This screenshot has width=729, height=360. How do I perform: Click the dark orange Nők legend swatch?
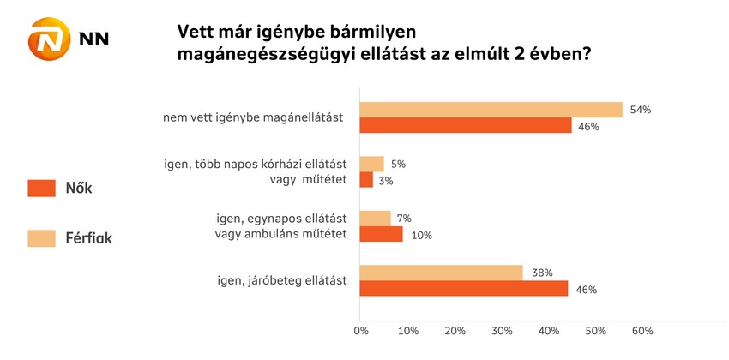coord(41,188)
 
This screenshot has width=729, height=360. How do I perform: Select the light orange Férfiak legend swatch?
coord(41,237)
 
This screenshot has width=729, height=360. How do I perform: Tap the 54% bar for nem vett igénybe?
coord(491,110)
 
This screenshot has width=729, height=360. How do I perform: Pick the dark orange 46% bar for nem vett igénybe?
coord(466,126)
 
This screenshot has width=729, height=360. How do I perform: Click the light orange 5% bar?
coord(371,164)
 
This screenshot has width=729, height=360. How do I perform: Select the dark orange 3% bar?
coord(366,180)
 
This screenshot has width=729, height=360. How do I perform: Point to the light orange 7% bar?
coord(376,219)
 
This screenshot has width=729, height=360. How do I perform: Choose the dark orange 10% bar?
coord(381,234)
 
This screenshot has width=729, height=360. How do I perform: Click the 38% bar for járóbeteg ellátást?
coord(441,273)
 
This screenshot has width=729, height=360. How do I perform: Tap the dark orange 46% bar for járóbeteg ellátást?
coord(464,289)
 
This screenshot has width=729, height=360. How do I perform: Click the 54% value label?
coord(640,110)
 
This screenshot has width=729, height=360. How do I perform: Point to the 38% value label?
coord(541,273)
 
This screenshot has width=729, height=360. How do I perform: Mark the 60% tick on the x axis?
coord(642,330)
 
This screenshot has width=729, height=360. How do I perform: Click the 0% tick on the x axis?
coord(361,330)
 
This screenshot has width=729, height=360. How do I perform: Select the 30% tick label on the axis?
coord(502,330)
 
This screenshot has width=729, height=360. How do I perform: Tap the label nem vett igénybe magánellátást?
coord(254,117)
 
